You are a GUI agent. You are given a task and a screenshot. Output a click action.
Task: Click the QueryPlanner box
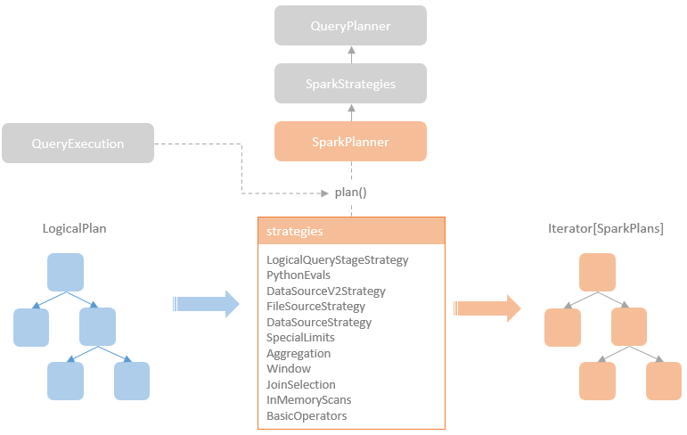coord(350,27)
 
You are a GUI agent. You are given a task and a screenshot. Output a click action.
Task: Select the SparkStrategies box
coord(350,84)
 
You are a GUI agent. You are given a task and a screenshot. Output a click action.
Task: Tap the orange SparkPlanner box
coord(350,142)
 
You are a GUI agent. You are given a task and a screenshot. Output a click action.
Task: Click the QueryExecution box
coord(78,144)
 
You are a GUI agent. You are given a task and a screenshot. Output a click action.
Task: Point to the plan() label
coord(350,193)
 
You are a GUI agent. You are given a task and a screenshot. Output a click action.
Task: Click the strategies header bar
coord(350,231)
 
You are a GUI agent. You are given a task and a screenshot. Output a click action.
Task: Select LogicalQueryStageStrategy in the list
coord(337,260)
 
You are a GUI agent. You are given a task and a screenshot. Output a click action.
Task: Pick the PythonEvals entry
coord(299,275)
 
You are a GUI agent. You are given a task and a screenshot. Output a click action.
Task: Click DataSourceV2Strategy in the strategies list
coord(325,291)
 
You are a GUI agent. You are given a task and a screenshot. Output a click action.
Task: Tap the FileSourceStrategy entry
coord(315,307)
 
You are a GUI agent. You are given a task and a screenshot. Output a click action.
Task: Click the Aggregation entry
coord(299,354)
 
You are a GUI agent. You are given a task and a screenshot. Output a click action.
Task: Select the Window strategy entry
coord(289,369)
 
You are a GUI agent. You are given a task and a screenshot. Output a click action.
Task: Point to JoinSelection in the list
coord(301,385)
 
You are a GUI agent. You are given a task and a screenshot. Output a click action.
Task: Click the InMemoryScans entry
coord(308,400)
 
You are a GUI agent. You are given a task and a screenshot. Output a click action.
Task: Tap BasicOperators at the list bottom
coord(307,416)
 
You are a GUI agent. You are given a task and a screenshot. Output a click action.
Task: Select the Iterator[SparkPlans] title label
coord(605,229)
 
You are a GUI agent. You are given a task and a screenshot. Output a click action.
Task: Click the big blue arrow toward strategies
coord(207,304)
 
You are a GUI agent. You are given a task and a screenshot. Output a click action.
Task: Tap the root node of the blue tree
coord(65,272)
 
